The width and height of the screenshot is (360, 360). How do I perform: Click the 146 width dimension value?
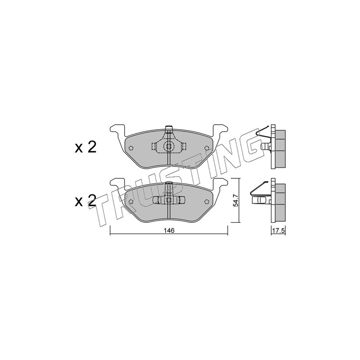pyautogui.click(x=169, y=230)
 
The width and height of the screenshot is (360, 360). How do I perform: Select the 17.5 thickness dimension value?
pyautogui.click(x=278, y=230)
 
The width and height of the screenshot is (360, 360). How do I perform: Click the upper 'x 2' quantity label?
pyautogui.click(x=85, y=148)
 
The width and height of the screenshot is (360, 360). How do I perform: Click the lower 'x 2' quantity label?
pyautogui.click(x=85, y=200)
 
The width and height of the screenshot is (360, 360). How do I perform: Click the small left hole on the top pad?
pyautogui.click(x=131, y=148)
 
